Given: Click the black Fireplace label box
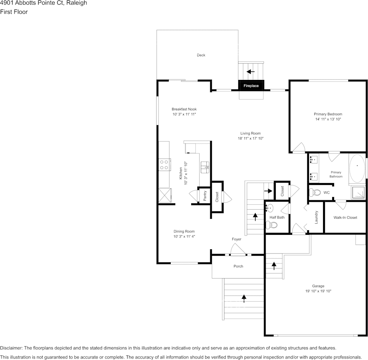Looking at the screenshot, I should point(251,86).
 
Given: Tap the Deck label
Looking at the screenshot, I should point(201,55).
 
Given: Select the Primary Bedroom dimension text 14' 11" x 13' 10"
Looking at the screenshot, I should point(328,119).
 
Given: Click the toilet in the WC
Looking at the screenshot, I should point(315,192).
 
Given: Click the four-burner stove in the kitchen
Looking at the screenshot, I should point(164,165).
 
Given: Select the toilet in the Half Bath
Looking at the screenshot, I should point(271,225).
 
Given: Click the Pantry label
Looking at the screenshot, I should point(205,196).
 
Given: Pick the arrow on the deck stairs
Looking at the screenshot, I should point(250,71).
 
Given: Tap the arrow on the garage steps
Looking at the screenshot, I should point(274,265).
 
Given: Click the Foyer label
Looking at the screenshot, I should point(236,239).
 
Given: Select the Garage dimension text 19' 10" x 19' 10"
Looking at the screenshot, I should point(318,291).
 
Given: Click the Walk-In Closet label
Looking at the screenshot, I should point(345,218).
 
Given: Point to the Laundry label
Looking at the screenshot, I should point(316,217).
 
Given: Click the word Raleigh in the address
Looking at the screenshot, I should point(77,3).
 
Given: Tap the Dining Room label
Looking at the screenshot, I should point(184,231).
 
